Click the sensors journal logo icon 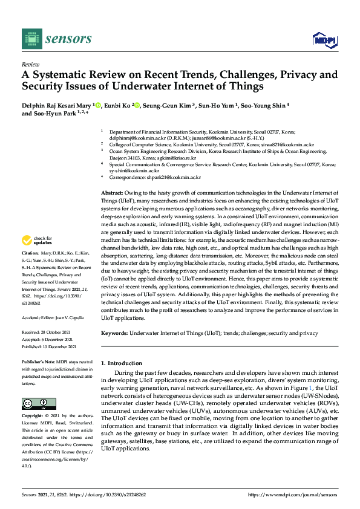tap(31, 39)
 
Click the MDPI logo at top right tap(324, 40)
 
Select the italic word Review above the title tap(30, 63)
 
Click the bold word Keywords tap(114, 333)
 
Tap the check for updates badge tap(39, 240)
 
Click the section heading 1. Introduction tap(121, 363)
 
